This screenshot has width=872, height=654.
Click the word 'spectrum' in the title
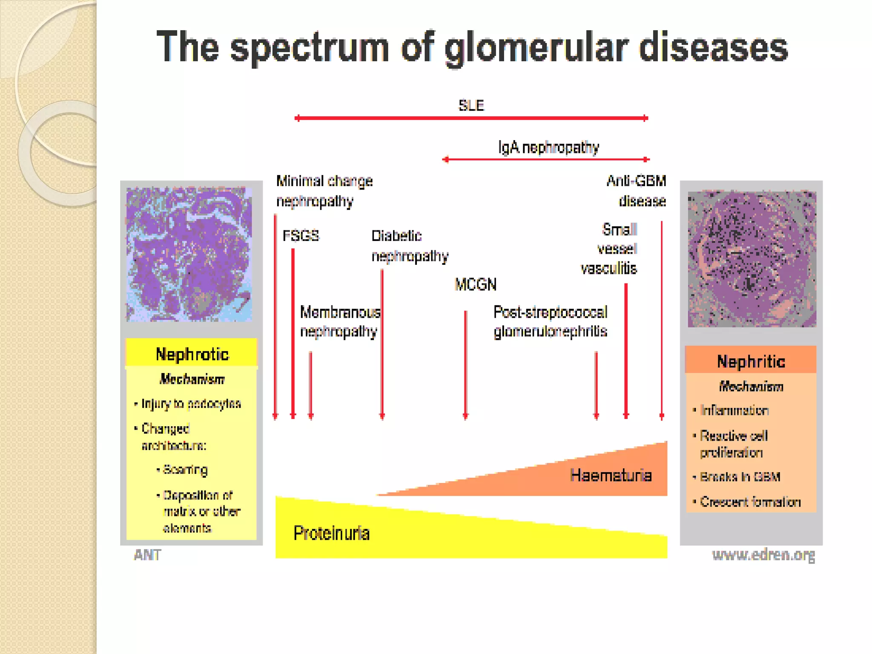click(x=310, y=48)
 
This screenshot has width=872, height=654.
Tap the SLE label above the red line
click(x=471, y=105)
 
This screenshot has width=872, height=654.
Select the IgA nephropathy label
click(x=548, y=147)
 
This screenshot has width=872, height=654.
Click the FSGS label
click(x=301, y=235)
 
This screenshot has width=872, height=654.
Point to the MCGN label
click(x=476, y=284)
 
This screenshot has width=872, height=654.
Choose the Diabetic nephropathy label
click(x=409, y=246)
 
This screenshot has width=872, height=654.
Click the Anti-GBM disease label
click(x=637, y=191)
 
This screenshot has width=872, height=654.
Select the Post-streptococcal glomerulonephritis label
click(x=550, y=322)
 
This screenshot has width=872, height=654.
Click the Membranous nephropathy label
click(x=340, y=322)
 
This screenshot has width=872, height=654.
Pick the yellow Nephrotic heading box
click(x=192, y=353)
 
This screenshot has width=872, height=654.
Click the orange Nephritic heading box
click(x=751, y=361)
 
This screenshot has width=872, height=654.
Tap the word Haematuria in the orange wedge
click(x=611, y=475)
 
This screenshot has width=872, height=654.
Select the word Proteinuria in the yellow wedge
click(x=331, y=533)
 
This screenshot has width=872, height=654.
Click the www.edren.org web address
click(x=763, y=555)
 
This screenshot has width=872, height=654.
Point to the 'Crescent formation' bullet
click(x=750, y=502)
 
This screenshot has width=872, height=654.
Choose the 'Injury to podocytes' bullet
click(x=191, y=403)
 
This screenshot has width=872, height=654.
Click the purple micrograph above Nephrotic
click(x=189, y=254)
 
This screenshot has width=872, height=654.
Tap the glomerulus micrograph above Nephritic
click(x=752, y=259)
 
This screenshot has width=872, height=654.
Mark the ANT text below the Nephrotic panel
click(x=147, y=555)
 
